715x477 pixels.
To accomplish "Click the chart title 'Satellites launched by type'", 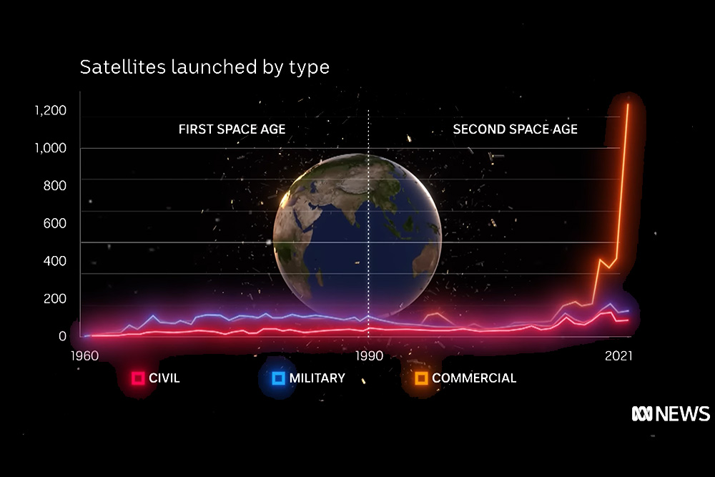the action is pos(204,67).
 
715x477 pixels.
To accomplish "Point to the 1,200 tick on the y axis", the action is pos(51,110).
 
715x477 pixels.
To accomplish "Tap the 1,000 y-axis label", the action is pos(51,148).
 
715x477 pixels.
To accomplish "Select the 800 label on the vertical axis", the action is pos(55,186).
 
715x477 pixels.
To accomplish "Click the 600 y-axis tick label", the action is pos(55,223).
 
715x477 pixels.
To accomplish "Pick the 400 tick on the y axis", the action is pos(55,261).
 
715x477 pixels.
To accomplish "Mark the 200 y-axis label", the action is pos(55,299).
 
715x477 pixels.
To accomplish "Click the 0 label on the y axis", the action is pos(62,336).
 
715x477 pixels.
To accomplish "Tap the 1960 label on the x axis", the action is pos(84,355).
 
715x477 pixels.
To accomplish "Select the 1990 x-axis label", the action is pos(369,355).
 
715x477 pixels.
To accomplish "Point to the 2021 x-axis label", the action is pos(618,355).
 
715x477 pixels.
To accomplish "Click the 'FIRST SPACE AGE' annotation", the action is pos(232,129).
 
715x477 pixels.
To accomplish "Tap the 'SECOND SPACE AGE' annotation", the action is pos(516,129).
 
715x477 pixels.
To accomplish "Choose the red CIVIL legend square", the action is pos(138,378).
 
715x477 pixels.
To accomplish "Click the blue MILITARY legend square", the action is pos(279,378).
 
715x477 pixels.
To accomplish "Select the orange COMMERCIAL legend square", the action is pos(422,378).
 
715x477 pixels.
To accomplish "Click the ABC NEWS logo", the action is pos(671,413).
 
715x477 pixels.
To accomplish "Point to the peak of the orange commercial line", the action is pos(628,104).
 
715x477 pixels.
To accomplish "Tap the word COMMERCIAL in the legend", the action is pos(474,378).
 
